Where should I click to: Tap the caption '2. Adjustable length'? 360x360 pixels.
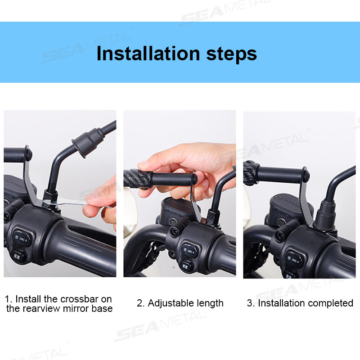[180, 303]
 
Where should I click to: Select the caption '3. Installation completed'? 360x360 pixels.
[300, 303]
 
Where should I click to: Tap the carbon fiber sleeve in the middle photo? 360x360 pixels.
[137, 178]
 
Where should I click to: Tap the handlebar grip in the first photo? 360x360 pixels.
[85, 247]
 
